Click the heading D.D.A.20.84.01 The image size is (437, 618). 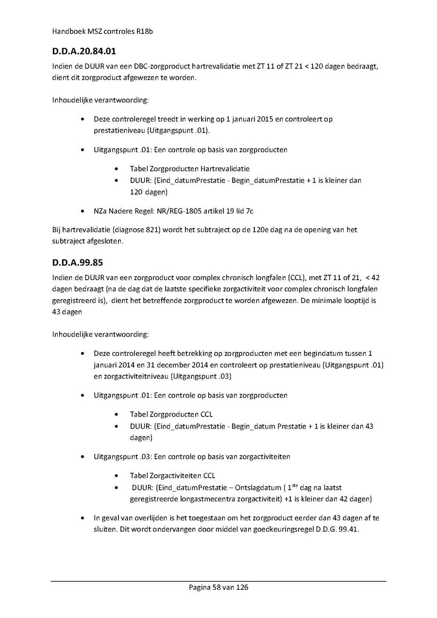[84, 50]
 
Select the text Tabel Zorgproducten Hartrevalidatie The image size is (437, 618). [189, 168]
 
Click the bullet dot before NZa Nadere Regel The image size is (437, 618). [84, 211]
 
